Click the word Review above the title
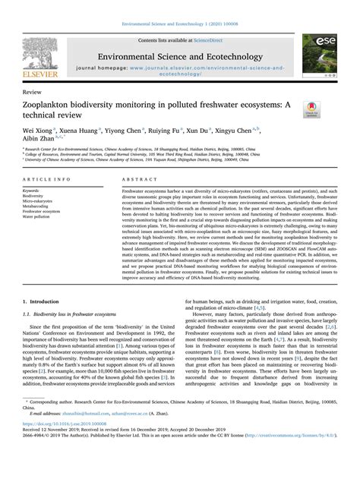pyautogui.click(x=32, y=91)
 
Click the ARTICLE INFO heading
pyautogui.click(x=47, y=179)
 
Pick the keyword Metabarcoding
pyautogui.click(x=37, y=205)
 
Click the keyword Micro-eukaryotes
pyautogui.click(x=39, y=200)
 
